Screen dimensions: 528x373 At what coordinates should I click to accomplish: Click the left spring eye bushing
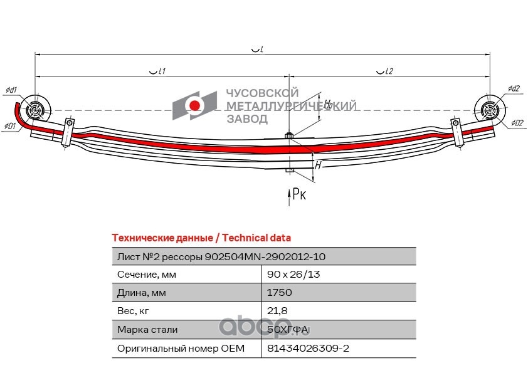tap(35, 111)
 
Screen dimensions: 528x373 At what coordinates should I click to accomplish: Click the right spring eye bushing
tap(489, 111)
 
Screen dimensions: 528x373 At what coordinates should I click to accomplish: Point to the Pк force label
tap(299, 195)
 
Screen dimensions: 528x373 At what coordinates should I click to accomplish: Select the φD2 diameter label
tap(517, 123)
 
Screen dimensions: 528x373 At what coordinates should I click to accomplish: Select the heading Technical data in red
tap(201, 238)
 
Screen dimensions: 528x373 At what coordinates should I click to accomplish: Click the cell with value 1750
tap(279, 293)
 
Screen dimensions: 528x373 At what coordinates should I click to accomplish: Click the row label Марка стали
tap(147, 329)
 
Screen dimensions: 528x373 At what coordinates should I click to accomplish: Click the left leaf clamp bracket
tap(66, 132)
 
